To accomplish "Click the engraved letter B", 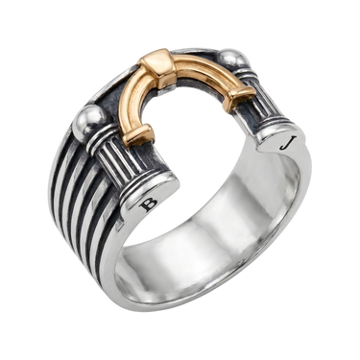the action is [x=149, y=204].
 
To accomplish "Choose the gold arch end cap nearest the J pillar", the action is [x=241, y=94].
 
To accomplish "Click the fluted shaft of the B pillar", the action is [x=116, y=160].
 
